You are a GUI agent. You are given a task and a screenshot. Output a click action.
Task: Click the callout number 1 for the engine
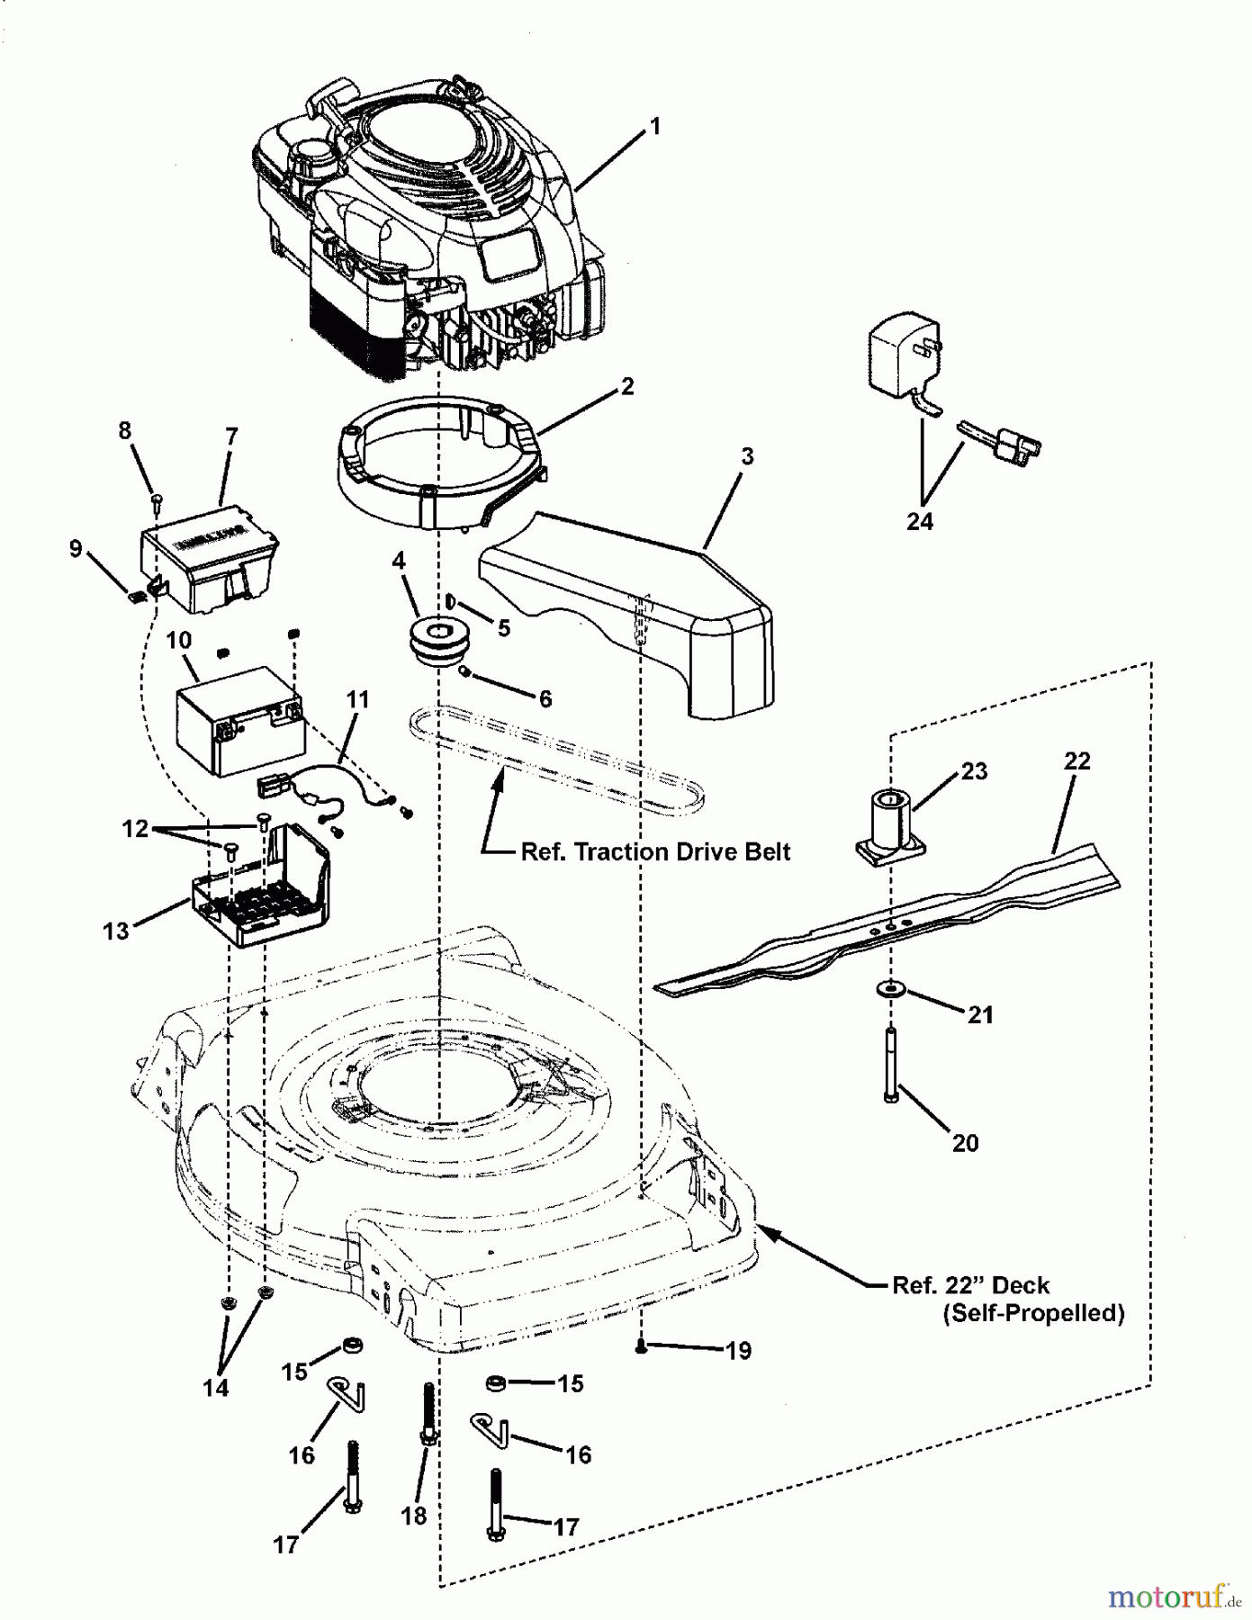655,127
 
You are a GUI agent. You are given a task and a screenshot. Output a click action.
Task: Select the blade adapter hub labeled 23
888,821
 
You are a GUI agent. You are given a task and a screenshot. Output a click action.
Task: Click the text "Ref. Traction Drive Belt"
655,851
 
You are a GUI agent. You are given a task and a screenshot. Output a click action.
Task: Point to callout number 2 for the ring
627,387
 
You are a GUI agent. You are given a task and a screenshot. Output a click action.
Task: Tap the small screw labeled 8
158,497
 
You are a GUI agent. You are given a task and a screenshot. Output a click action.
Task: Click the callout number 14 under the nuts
216,1388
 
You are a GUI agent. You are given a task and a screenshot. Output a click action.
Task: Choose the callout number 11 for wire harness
358,699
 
